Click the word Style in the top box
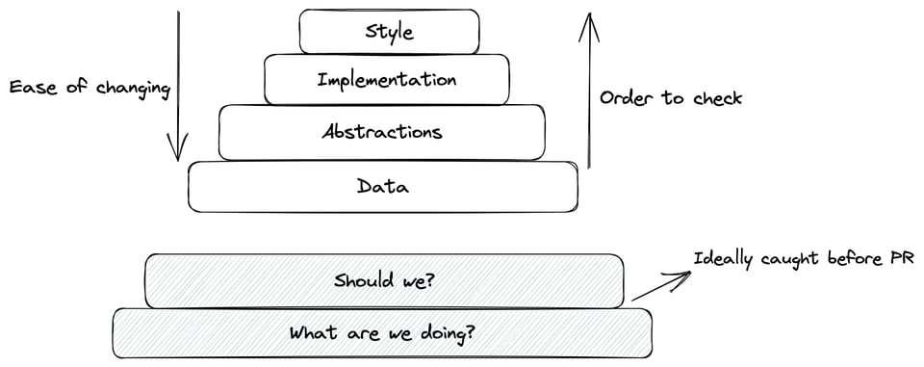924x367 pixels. click(x=389, y=32)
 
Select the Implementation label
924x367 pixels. click(x=386, y=79)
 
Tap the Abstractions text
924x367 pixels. click(x=382, y=132)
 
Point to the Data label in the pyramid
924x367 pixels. click(x=382, y=186)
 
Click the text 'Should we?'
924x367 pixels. click(x=383, y=281)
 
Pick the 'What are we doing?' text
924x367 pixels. click(x=382, y=333)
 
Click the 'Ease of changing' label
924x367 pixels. click(x=89, y=89)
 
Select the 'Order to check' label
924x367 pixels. click(x=671, y=98)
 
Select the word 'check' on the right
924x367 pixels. click(x=717, y=98)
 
